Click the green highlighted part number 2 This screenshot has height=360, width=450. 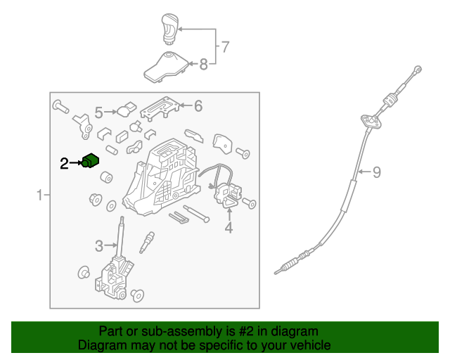(91, 161)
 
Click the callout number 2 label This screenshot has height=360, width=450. (64, 164)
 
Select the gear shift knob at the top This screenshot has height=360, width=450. (170, 29)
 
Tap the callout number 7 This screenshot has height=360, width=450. (225, 47)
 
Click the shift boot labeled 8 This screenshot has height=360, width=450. (166, 67)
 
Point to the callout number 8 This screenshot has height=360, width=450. (203, 64)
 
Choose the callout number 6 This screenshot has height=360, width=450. (198, 106)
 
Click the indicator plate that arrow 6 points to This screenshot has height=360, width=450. (160, 108)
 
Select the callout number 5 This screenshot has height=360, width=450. (98, 112)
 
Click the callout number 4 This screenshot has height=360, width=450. (229, 228)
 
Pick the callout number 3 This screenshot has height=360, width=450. (99, 246)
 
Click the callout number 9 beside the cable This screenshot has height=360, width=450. (377, 172)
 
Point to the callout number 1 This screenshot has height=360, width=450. (40, 195)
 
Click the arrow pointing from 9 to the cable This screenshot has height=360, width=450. (364, 172)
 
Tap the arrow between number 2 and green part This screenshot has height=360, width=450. (76, 163)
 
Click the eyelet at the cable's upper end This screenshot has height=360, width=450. (418, 69)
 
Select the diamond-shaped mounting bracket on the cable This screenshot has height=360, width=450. (371, 121)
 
